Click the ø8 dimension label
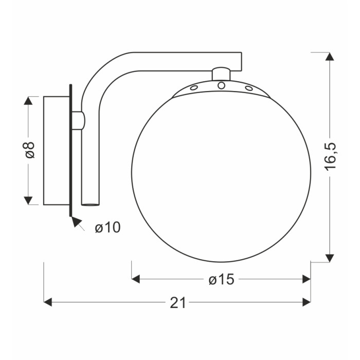[30, 150]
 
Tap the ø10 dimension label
[107, 227]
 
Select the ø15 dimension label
[221, 280]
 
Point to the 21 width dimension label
[178, 302]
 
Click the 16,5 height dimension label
[330, 156]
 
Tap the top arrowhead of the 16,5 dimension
[330, 57]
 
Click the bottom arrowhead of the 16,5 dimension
[330, 258]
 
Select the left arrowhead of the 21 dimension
[48, 302]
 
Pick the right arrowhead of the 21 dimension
[307, 302]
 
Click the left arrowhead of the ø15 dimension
[136, 279]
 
